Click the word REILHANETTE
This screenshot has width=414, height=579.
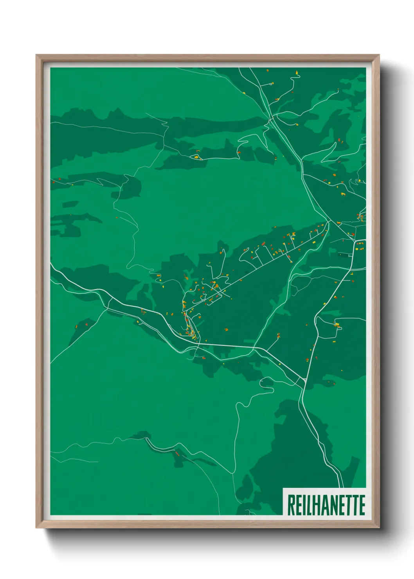pos(326,505)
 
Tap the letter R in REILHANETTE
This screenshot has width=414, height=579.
pos(291,505)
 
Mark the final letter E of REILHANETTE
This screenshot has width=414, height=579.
pos(362,505)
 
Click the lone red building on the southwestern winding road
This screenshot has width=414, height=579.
pos(177,454)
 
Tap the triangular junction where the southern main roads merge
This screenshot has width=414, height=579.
pos(304,379)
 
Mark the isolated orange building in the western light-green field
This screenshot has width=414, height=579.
pos(117,218)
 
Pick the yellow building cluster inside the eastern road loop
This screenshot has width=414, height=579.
pos(337,325)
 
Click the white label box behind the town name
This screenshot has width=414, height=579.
pos(324,502)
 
